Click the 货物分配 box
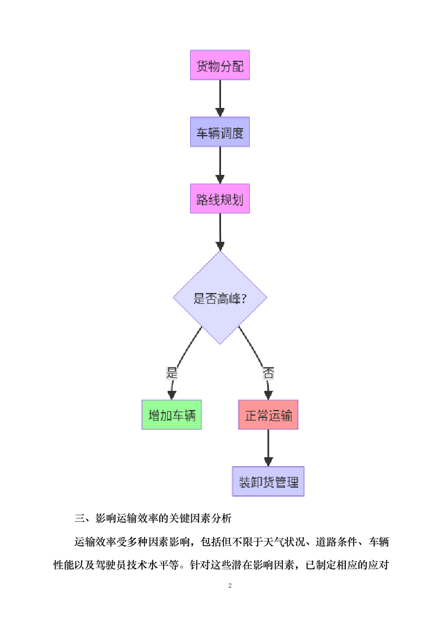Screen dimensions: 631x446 [219, 66]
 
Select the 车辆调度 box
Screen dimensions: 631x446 [219, 133]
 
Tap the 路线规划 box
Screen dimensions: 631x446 [219, 199]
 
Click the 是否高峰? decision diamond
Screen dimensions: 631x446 [219, 298]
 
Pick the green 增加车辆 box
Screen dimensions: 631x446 [172, 415]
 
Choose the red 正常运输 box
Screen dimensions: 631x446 [268, 415]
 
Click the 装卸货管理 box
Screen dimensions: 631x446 [268, 481]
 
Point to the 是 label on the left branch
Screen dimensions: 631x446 [172, 372]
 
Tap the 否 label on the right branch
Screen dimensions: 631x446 [268, 372]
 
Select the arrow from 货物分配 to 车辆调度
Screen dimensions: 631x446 [219, 99]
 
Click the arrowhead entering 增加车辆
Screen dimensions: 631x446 [172, 395]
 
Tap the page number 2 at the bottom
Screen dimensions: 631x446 [229, 586]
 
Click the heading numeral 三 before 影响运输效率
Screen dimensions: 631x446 [79, 517]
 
